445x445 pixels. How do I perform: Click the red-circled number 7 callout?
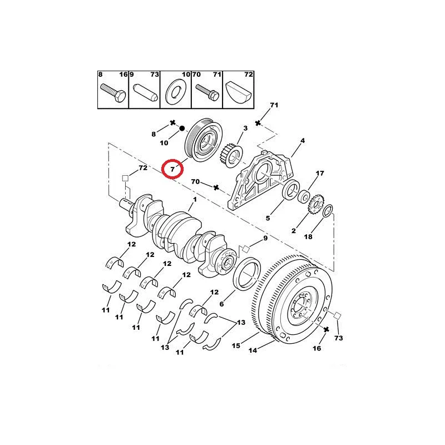[x=172, y=170]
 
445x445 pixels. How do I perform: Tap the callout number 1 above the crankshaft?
[x=195, y=200]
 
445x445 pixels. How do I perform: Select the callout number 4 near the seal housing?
[x=303, y=141]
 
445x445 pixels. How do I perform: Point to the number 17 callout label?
[x=320, y=173]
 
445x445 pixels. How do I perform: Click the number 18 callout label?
[x=308, y=236]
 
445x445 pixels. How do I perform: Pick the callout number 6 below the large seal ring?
[x=221, y=304]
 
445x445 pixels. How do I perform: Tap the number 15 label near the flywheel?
[x=236, y=345]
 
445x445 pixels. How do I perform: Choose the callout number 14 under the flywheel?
[x=253, y=350]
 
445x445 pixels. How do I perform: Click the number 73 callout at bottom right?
[x=339, y=338]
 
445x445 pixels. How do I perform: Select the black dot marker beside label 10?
[x=182, y=128]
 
